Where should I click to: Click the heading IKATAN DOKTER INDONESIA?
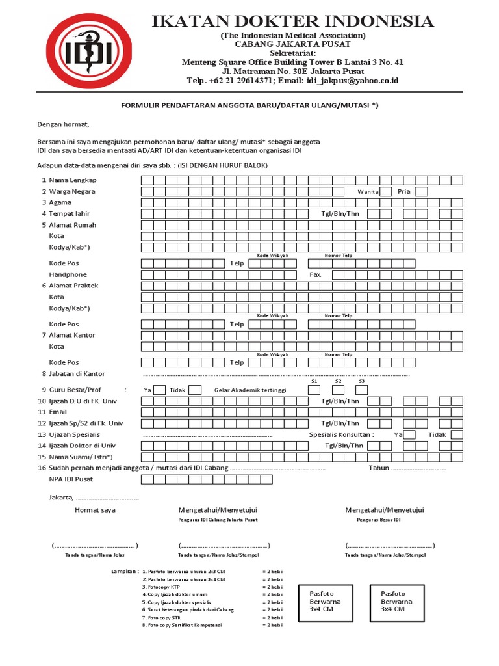292,21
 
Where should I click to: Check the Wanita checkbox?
386,191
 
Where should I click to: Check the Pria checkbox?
421,191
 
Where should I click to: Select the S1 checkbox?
314,390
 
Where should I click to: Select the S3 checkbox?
362,390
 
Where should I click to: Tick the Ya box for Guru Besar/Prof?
160,390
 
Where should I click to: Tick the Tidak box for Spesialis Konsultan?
457,434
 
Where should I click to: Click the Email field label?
58,412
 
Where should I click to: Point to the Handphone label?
68,275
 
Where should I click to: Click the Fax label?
315,275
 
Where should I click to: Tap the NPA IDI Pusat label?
71,479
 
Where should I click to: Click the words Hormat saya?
95,510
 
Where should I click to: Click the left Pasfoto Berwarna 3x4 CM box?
325,602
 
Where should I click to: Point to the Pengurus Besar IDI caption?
379,520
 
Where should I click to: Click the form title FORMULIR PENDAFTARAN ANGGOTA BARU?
250,105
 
